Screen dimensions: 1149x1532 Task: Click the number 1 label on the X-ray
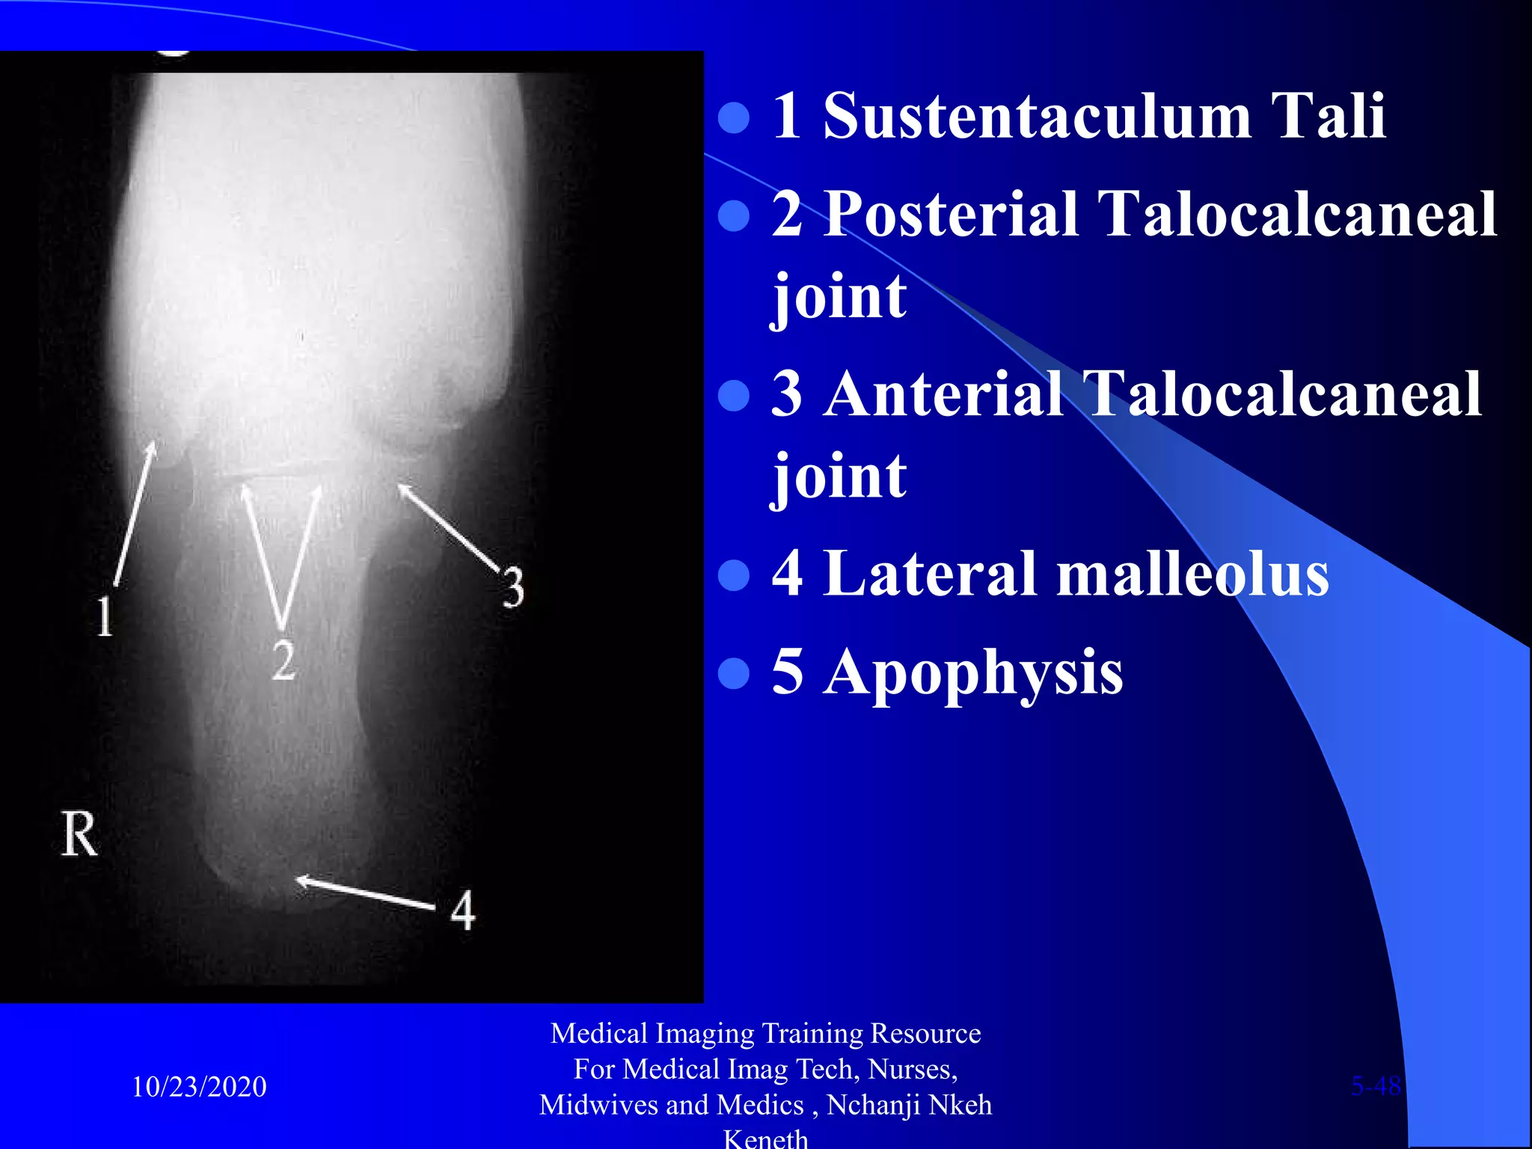pos(105,617)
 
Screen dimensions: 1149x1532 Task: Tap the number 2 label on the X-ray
pos(283,660)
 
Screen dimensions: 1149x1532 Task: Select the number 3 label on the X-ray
pos(513,587)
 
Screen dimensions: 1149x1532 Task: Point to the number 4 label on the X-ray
pos(463,910)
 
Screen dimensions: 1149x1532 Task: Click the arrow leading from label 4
pos(367,893)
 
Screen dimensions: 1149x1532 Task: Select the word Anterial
pos(944,394)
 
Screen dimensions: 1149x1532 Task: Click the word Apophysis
pos(972,672)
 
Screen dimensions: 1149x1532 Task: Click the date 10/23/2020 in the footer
pos(199,1086)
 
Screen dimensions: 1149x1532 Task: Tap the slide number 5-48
pos(1376,1085)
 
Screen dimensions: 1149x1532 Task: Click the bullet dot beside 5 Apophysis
pos(733,672)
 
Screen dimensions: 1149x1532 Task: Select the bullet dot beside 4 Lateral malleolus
pos(733,574)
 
